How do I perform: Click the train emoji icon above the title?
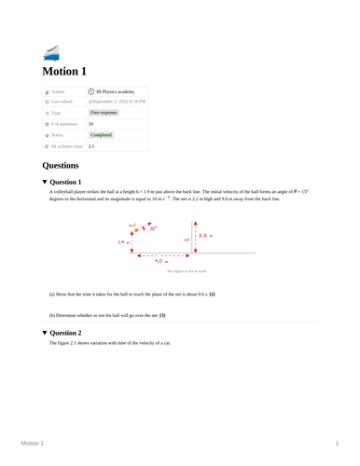click(x=51, y=52)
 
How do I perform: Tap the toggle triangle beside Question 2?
click(x=45, y=332)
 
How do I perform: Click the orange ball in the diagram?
click(x=136, y=231)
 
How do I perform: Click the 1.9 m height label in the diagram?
click(x=121, y=242)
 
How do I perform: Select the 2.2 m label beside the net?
click(x=205, y=236)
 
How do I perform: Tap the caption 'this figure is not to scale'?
click(x=187, y=271)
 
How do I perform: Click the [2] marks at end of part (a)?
click(x=213, y=295)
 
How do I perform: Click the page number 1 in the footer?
click(x=337, y=444)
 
